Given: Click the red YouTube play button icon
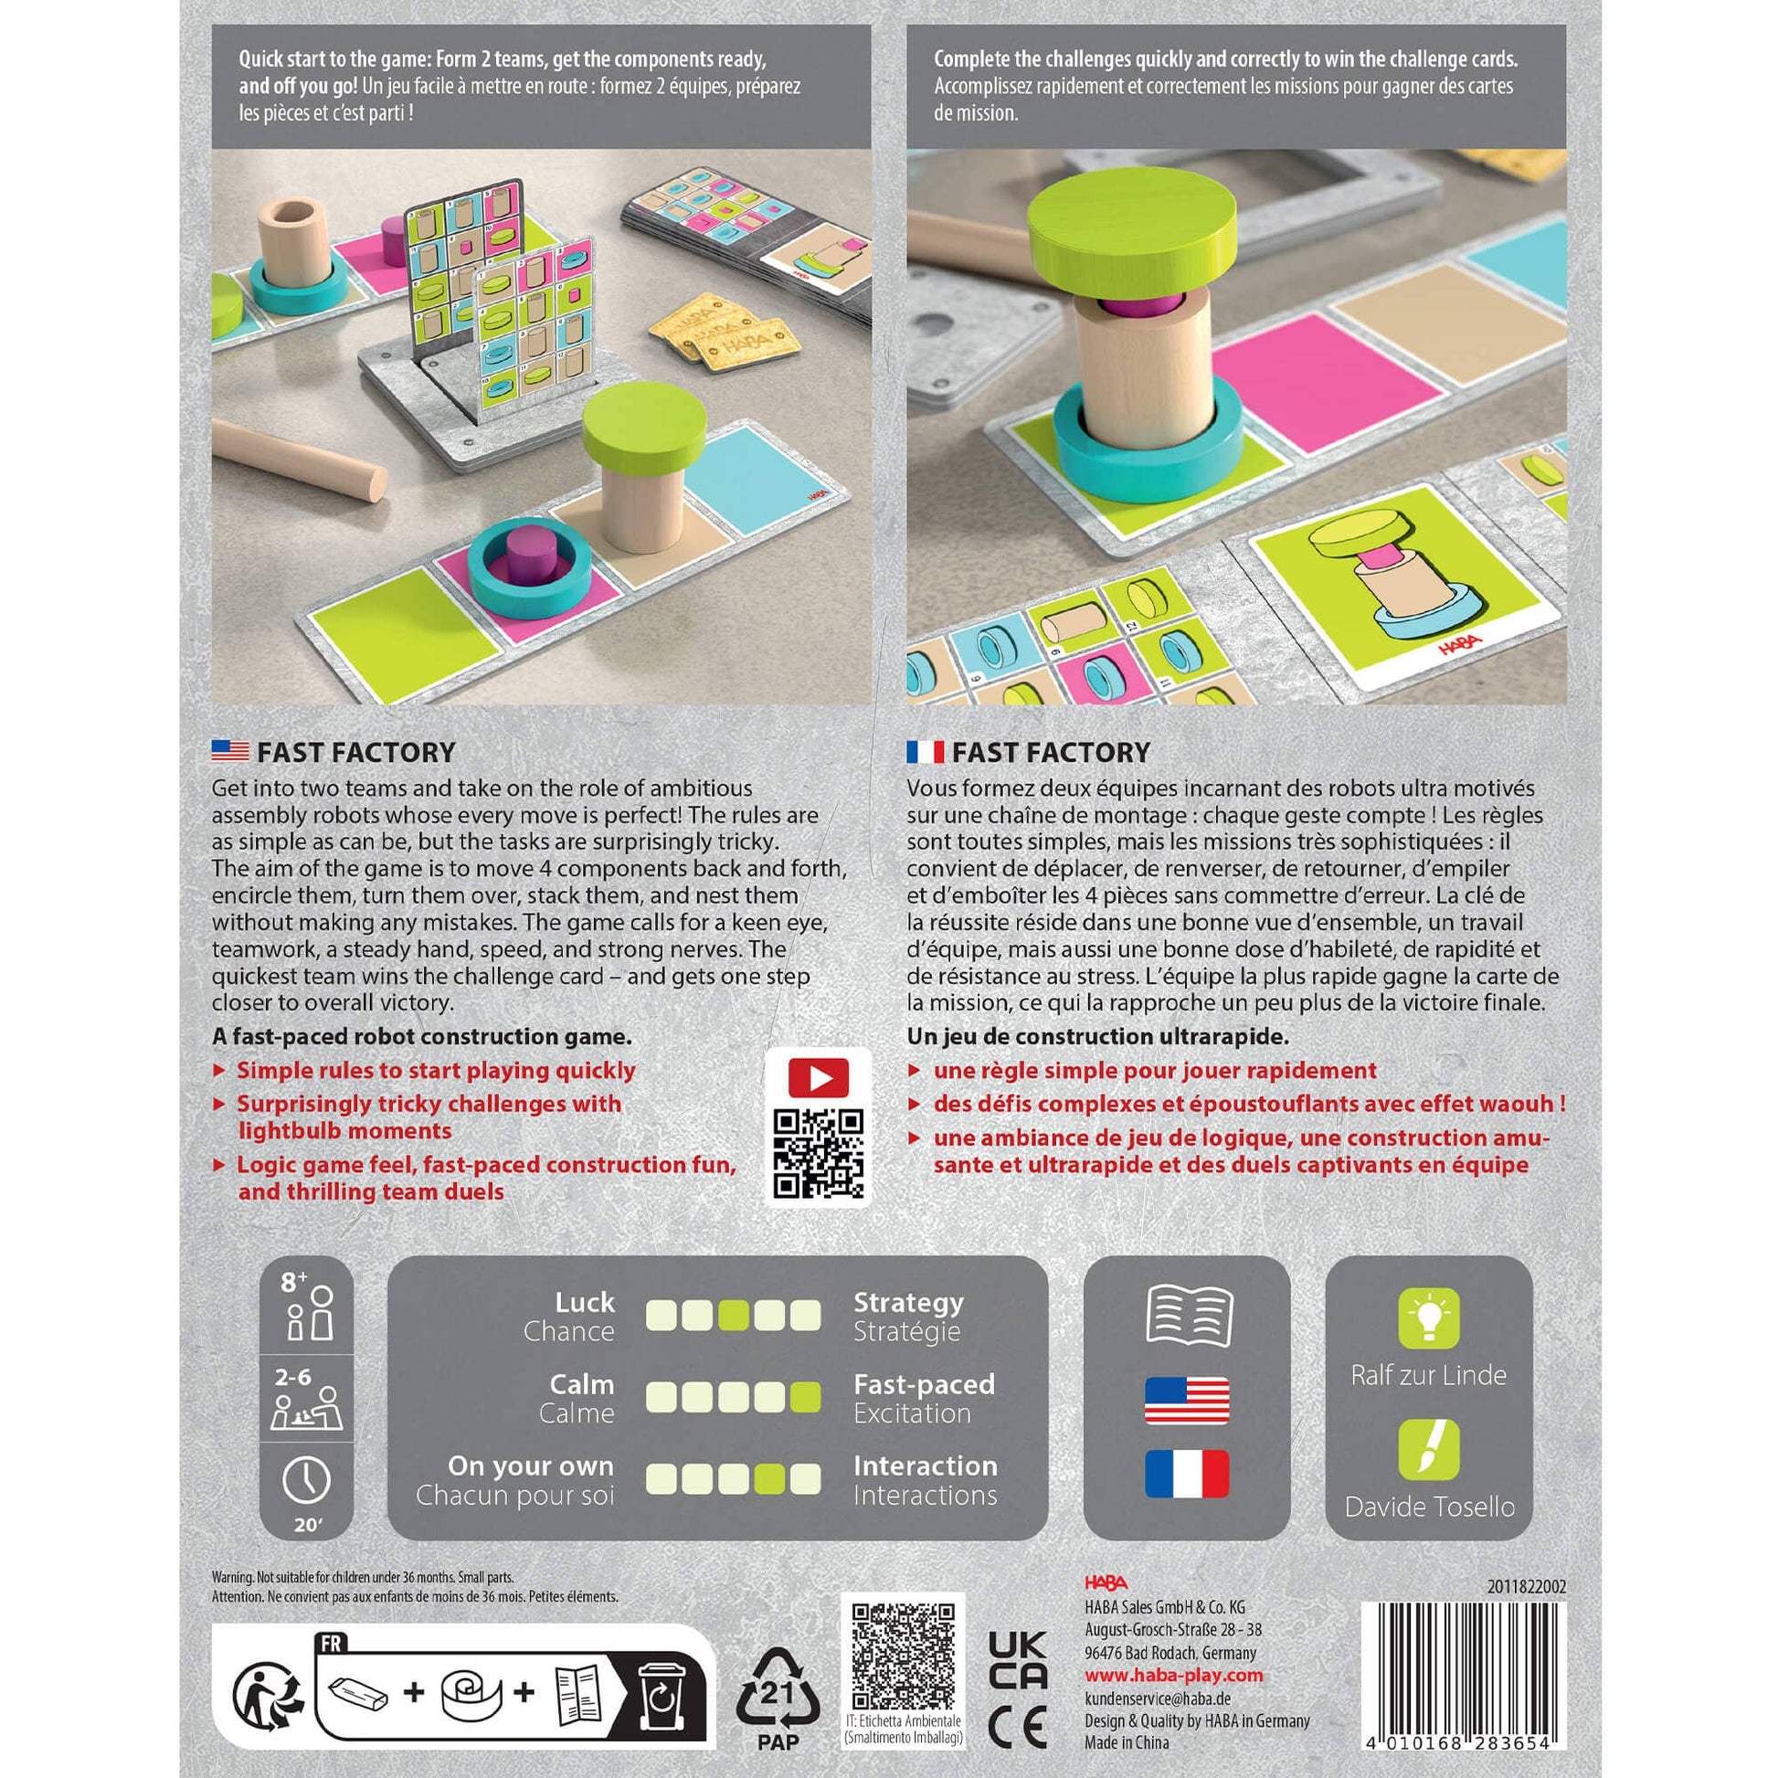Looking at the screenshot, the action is [818, 1077].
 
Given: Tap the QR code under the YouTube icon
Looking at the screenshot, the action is [818, 1153].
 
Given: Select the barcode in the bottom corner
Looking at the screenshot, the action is [1464, 1671].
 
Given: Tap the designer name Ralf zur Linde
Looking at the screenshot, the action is [1428, 1375].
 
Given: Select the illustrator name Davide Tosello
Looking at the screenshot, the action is [1429, 1507].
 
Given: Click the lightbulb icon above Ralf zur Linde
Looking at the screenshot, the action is [1428, 1317].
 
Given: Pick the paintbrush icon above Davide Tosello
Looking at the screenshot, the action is [1428, 1449].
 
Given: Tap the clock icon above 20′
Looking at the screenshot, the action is [306, 1479].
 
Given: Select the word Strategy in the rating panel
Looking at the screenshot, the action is [908, 1302].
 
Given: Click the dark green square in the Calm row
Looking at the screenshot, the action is [805, 1397].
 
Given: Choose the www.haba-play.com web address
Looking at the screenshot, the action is [1173, 1675].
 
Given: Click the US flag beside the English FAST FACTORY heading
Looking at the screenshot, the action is [230, 751].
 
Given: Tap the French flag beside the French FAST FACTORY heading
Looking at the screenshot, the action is [925, 751].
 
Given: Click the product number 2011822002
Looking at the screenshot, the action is [1527, 1585].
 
